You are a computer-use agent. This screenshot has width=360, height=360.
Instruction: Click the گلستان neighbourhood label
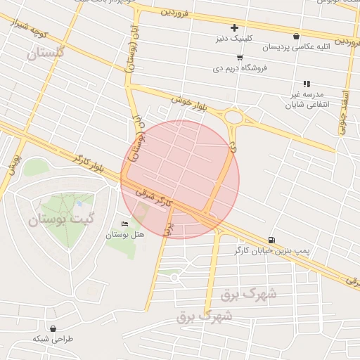pyautogui.click(x=45, y=53)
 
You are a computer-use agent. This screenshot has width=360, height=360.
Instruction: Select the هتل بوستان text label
pyautogui.click(x=124, y=234)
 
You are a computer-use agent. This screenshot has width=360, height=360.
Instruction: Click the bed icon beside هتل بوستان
pyautogui.click(x=125, y=224)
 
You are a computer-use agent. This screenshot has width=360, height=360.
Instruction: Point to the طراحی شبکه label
pyautogui.click(x=53, y=338)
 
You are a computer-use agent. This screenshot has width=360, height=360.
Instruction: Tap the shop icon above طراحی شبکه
pyautogui.click(x=53, y=328)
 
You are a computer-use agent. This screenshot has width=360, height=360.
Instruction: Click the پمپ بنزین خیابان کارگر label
pyautogui.click(x=271, y=250)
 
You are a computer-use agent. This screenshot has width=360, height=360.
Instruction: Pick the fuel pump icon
pyautogui.click(x=271, y=239)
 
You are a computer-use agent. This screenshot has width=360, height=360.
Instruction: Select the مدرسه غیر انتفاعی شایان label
pyautogui.click(x=304, y=100)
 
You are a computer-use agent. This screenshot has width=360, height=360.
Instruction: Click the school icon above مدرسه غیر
pyautogui.click(x=307, y=84)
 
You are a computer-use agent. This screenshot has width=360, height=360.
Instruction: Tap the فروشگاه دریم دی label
pyautogui.click(x=240, y=69)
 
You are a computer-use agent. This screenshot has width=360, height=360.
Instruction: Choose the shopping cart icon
pyautogui.click(x=240, y=58)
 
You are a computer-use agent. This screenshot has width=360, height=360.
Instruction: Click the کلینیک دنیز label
pyautogui.click(x=235, y=39)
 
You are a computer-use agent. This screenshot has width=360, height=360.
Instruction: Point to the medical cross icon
pyautogui.click(x=235, y=28)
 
